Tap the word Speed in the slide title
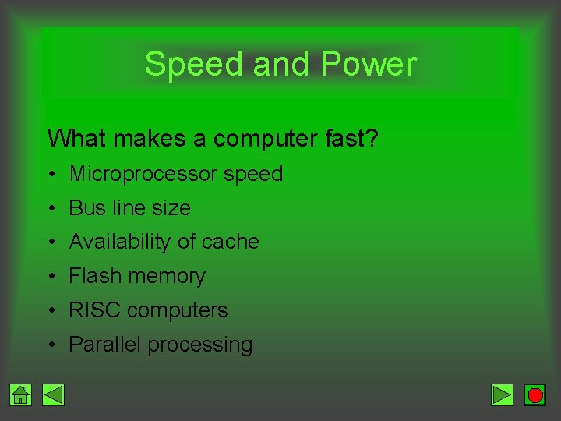195,64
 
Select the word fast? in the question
350,139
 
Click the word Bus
86,208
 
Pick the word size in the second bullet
171,208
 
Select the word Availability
120,242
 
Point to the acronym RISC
95,310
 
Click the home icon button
21,395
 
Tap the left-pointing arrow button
53,395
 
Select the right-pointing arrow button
503,395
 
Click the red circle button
535,395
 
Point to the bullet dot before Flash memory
51,277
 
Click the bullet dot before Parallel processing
51,345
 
